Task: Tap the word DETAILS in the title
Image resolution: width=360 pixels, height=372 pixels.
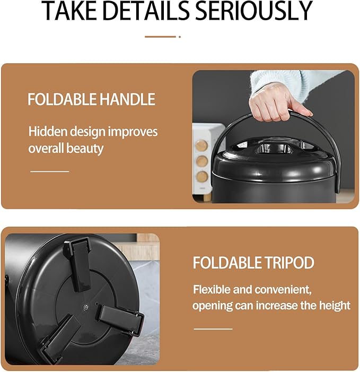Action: point(146,11)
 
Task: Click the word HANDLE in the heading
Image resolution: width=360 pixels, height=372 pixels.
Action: point(127,99)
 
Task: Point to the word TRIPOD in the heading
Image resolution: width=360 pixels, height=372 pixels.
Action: point(289,263)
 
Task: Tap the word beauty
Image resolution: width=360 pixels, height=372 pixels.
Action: point(85,149)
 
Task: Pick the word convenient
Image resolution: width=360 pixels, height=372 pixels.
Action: point(284,290)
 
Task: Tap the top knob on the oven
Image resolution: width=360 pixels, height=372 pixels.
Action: point(201,145)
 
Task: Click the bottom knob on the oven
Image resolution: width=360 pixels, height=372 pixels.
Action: point(202,177)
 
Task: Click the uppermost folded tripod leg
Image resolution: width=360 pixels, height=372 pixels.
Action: point(77,264)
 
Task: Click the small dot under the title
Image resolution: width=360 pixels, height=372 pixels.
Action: point(180,37)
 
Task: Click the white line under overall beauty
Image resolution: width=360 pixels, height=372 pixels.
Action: point(49,171)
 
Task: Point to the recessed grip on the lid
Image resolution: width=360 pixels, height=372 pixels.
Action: point(273,148)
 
